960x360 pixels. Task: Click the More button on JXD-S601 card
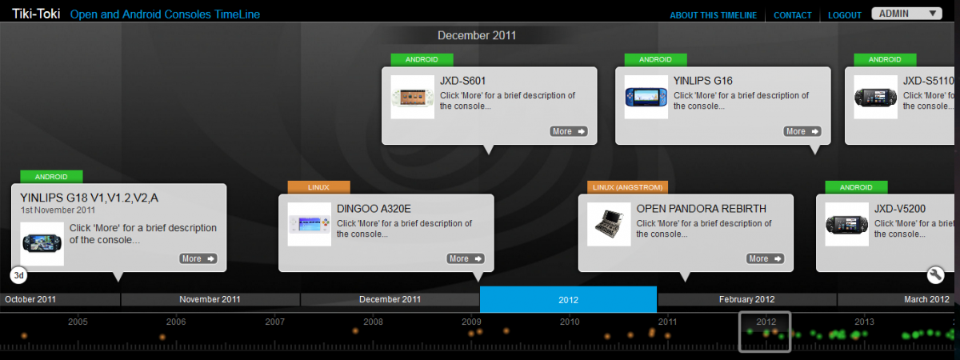[568, 131]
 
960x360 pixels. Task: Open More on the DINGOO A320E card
[466, 258]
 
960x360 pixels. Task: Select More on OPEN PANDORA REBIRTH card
[765, 258]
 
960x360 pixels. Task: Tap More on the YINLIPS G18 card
[198, 258]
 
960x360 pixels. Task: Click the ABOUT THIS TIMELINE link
[713, 15]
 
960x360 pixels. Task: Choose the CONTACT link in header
[793, 15]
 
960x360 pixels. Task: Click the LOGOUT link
[844, 15]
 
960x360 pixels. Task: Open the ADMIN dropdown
[906, 14]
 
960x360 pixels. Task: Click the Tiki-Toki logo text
[36, 14]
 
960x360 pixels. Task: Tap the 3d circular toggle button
[18, 275]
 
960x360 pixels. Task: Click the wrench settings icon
[935, 274]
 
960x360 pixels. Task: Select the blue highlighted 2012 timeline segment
[568, 299]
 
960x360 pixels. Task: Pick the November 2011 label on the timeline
[210, 299]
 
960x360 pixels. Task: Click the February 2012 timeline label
[746, 299]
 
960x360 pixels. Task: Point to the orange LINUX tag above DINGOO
[318, 187]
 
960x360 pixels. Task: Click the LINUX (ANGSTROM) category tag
[627, 187]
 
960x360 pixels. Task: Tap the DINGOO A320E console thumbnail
[309, 224]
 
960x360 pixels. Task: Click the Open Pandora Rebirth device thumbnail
[609, 224]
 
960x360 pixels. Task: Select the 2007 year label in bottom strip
[274, 322]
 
